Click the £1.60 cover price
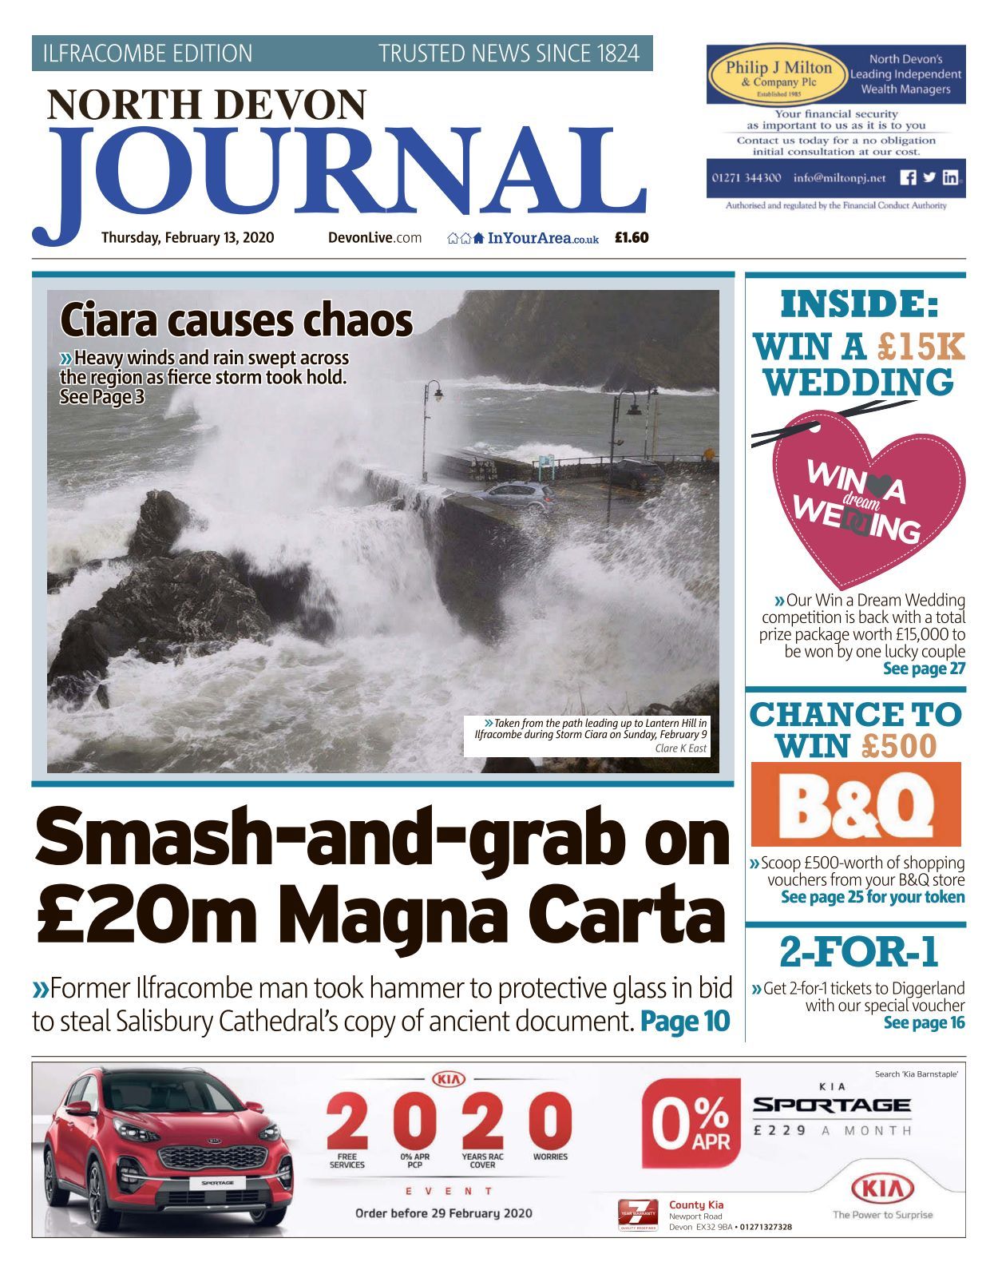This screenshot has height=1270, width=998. click(x=632, y=237)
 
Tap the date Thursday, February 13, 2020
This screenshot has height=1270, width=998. click(x=188, y=237)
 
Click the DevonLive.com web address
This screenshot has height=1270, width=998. click(x=374, y=237)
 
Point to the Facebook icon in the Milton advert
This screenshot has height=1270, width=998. click(x=908, y=178)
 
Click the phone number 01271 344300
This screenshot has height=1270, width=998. click(x=747, y=178)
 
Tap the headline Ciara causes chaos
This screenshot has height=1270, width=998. click(x=236, y=321)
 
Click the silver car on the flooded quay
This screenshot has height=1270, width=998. click(x=520, y=496)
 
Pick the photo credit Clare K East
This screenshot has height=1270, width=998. click(x=680, y=748)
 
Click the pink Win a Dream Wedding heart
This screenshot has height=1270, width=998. click(x=866, y=500)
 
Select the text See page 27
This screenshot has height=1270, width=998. click(x=924, y=669)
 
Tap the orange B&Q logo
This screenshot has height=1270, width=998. click(x=855, y=804)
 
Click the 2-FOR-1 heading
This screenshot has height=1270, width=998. click(x=858, y=951)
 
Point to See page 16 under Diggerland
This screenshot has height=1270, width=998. click(x=924, y=1022)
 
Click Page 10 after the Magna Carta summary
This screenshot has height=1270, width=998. click(x=685, y=1021)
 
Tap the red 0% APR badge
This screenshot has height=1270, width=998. click(x=691, y=1121)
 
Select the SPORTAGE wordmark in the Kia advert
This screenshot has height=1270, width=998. click(x=831, y=1105)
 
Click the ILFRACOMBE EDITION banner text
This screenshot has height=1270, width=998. click(x=148, y=54)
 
